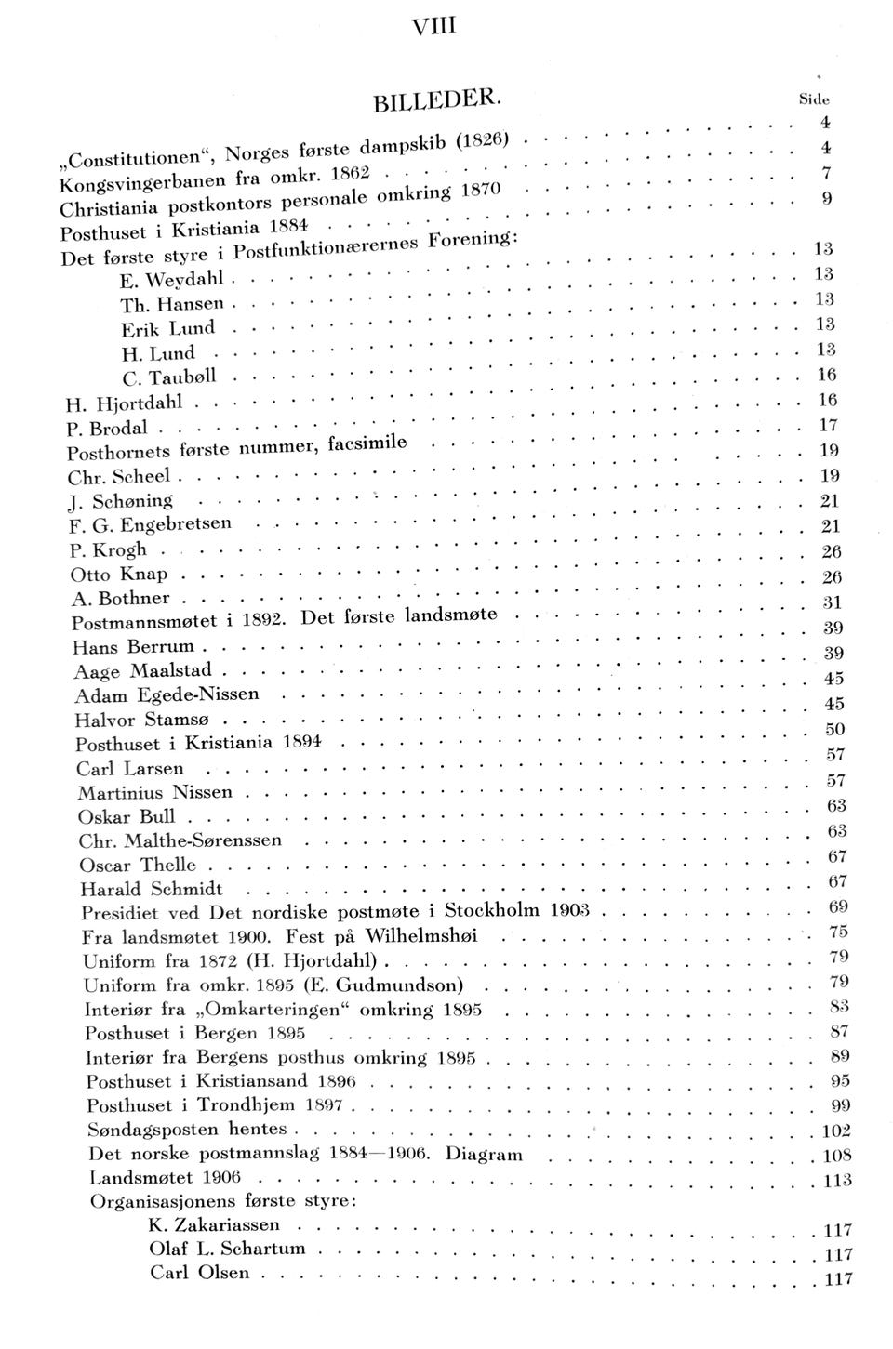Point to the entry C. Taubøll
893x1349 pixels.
(x=169, y=377)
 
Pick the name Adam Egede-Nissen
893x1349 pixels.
(x=167, y=694)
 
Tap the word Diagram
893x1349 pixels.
(x=484, y=1155)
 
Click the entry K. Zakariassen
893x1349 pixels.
(x=213, y=1225)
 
